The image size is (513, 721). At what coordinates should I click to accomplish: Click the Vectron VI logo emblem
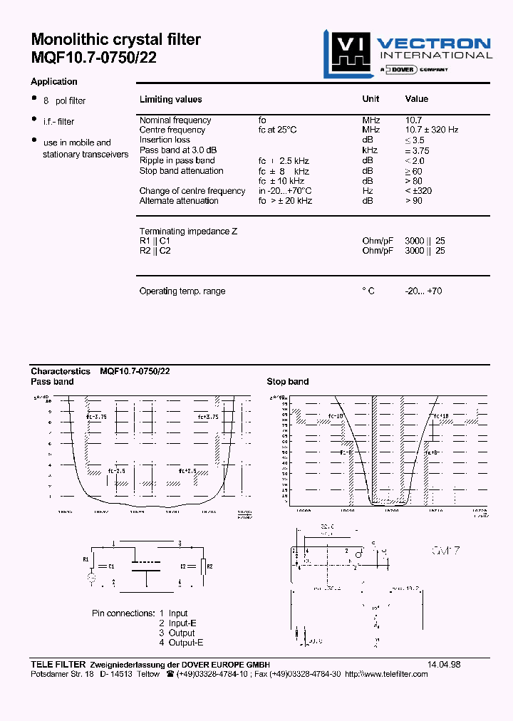tap(347, 53)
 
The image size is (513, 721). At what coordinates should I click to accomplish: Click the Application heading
tap(54, 82)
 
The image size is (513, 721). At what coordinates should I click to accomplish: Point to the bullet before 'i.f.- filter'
tap(33, 119)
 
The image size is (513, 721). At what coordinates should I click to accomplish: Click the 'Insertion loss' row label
tap(165, 140)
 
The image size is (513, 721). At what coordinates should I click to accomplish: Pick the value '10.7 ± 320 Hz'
tap(432, 130)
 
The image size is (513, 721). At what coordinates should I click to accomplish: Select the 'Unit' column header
tap(370, 99)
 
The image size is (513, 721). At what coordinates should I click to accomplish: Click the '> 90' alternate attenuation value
tap(414, 201)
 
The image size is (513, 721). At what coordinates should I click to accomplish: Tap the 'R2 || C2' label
tap(155, 251)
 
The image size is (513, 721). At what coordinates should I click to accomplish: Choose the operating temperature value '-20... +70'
tap(423, 291)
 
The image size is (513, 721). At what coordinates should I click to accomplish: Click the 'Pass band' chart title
tap(52, 382)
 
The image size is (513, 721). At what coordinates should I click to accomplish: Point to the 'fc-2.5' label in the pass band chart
tap(118, 471)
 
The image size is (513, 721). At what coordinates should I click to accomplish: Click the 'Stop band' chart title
tap(287, 382)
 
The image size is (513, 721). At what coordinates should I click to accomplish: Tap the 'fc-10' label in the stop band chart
tap(336, 416)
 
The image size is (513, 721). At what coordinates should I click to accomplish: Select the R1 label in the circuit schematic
tap(86, 559)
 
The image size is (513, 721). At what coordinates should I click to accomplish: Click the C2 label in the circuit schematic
tap(184, 566)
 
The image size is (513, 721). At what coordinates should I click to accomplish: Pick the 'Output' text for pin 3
tap(182, 633)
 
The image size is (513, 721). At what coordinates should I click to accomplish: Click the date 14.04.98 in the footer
tap(444, 664)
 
